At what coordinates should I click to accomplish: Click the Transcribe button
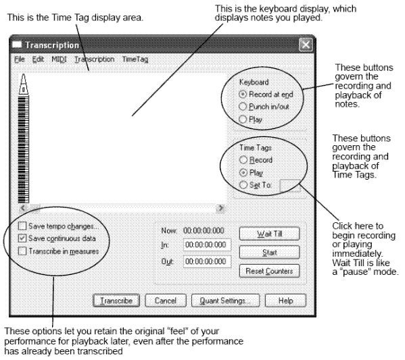tap(116, 301)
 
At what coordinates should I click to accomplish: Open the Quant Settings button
tap(225, 301)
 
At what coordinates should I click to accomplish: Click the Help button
tap(285, 301)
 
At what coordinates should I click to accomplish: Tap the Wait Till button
tap(269, 234)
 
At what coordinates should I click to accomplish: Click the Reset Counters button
tap(269, 272)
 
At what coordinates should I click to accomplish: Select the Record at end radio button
tap(243, 94)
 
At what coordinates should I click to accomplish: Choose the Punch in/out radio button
tap(243, 106)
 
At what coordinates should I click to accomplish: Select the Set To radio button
tap(243, 185)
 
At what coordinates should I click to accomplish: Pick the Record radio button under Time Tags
tap(243, 160)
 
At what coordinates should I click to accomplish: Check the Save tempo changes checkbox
tap(22, 226)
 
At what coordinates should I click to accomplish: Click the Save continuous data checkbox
tap(22, 238)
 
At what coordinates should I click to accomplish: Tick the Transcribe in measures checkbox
tap(22, 251)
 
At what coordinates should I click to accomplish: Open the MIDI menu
tap(59, 59)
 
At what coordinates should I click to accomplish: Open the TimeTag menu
tap(135, 59)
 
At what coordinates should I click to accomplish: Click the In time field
tap(207, 245)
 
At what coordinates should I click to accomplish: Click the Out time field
tap(207, 261)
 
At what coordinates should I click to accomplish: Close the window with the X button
tap(306, 45)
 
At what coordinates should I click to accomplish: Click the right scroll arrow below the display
tap(220, 208)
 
